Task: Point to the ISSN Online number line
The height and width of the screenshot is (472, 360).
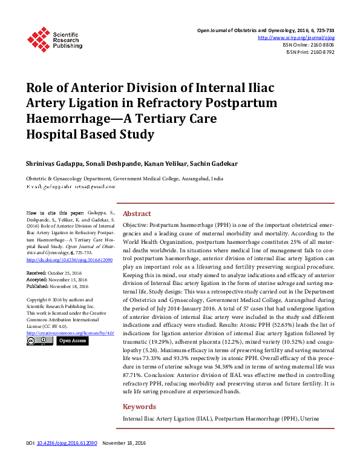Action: point(308,45)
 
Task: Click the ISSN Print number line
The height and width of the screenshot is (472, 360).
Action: point(310,52)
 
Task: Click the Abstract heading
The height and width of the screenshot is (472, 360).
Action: point(137,214)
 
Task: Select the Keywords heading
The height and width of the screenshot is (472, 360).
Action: point(140,407)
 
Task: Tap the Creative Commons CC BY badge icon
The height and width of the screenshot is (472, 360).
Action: point(40,341)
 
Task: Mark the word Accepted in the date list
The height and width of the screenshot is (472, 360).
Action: point(38,280)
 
